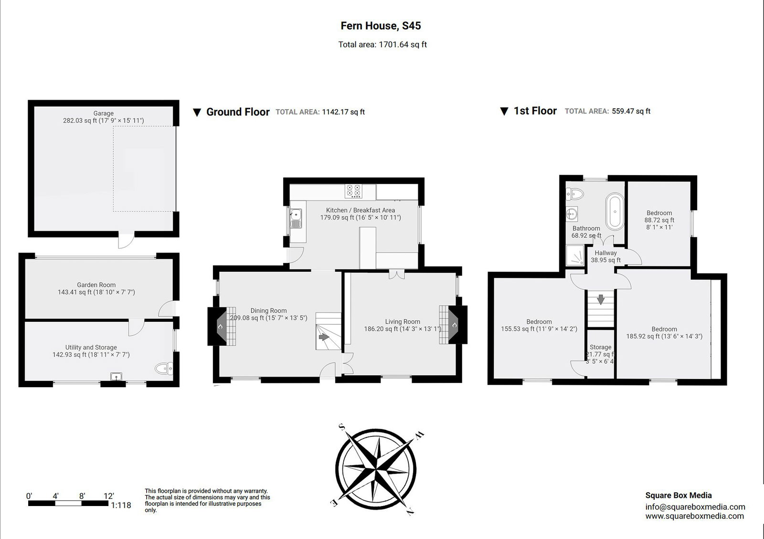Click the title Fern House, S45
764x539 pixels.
tap(381, 26)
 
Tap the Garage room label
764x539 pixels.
tap(103, 114)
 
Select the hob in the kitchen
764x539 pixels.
tap(353, 191)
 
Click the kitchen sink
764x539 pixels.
tap(296, 219)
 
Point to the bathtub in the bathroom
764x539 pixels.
tap(615, 211)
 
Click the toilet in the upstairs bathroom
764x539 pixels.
tap(575, 193)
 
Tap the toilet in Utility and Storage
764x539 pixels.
tap(164, 368)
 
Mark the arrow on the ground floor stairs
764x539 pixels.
tap(324, 337)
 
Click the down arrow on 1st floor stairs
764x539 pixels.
tap(601, 300)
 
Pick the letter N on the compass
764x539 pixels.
tap(410, 512)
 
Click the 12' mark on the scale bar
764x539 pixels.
tap(108, 496)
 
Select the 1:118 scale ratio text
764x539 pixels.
tap(121, 506)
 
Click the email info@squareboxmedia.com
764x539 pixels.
tap(695, 507)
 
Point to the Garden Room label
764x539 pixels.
tap(96, 285)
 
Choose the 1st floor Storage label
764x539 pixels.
tap(600, 347)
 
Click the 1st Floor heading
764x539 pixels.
tap(535, 111)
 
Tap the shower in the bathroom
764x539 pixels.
tap(575, 256)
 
